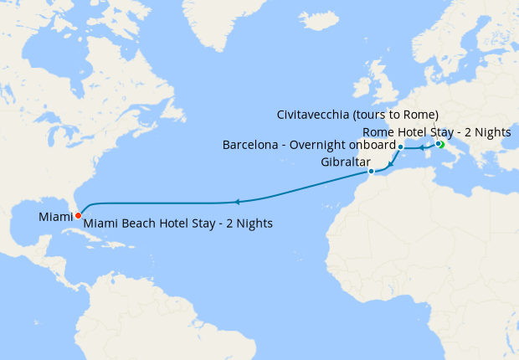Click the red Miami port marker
(78, 215)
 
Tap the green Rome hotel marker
(441, 145)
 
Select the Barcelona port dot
(401, 147)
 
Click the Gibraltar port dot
(371, 172)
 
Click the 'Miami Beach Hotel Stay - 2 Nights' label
(178, 224)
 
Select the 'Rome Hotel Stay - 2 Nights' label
(442, 132)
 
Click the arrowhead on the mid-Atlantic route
(238, 202)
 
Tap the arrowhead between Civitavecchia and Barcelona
(420, 147)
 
